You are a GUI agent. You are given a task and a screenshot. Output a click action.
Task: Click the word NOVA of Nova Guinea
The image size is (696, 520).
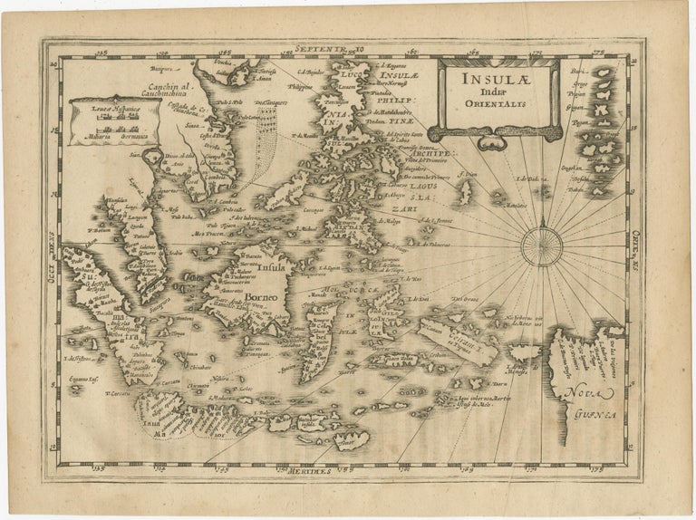[x=580, y=392]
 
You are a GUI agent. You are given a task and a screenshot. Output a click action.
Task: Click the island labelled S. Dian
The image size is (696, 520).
[x=466, y=188]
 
